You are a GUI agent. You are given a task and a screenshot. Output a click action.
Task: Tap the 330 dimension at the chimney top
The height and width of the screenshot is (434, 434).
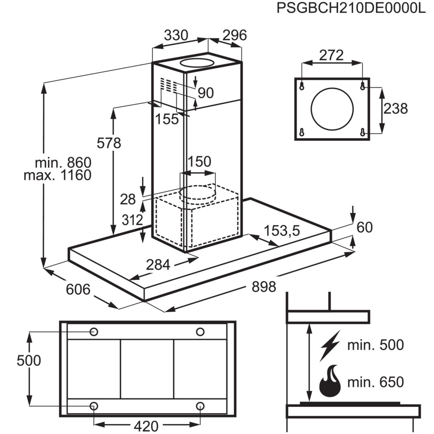coord(176,35)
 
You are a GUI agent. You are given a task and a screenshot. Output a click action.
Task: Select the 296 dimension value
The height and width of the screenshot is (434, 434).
coord(234,35)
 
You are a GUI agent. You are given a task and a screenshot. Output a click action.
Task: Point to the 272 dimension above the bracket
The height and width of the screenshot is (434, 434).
coord(331,55)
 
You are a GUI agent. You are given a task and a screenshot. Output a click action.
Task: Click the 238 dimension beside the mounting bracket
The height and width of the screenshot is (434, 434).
coord(395,109)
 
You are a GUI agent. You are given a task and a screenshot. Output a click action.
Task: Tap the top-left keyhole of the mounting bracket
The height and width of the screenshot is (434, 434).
coord(302,86)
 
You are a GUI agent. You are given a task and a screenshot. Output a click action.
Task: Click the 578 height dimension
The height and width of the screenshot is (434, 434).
coord(109,143)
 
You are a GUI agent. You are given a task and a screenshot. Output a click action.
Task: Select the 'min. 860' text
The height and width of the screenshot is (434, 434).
coord(63,162)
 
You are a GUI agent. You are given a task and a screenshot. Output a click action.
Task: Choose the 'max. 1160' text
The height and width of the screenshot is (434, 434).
coord(58,175)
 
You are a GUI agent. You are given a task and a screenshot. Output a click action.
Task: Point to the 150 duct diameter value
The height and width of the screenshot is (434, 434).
coord(199,161)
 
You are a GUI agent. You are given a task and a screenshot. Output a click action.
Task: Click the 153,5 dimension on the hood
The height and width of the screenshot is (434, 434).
coord(282,231)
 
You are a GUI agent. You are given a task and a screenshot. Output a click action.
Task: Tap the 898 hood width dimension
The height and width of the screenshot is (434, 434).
coord(264,286)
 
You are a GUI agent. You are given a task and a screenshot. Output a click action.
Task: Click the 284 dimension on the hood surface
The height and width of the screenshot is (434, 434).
coord(158,265)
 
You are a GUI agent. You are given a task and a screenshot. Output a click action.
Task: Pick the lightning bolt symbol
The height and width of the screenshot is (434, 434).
coord(330,345)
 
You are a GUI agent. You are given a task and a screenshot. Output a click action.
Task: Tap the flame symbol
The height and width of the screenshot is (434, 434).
coord(330,382)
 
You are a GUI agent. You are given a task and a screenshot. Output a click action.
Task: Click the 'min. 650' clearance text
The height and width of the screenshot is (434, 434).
coord(375,382)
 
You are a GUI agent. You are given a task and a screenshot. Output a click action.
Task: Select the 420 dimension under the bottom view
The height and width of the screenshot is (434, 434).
coord(146,426)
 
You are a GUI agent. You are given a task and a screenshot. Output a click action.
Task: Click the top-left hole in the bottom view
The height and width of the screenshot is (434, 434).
coord(94,332)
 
